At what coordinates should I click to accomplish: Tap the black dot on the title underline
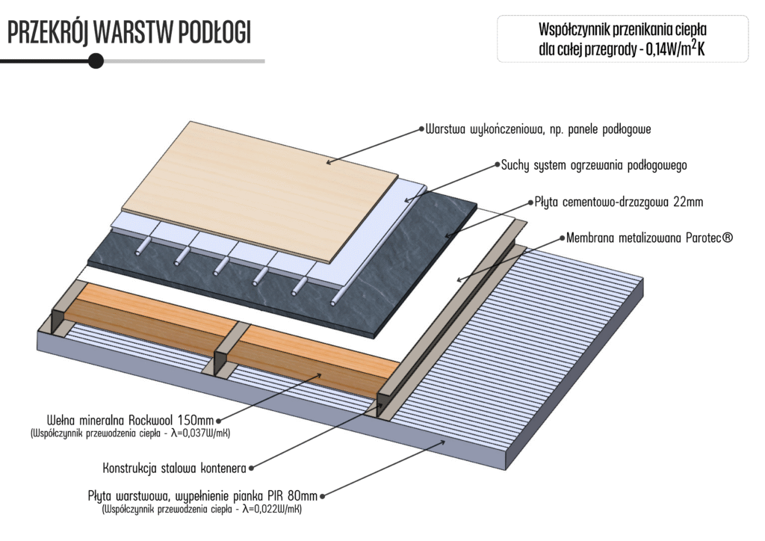[96, 61]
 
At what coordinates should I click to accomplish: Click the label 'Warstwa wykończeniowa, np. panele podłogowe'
[539, 129]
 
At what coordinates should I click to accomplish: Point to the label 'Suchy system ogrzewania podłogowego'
[594, 164]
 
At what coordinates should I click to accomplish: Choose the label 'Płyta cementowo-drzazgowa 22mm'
[619, 202]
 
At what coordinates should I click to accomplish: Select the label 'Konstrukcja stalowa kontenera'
[174, 469]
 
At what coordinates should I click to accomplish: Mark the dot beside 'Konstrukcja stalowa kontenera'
[252, 469]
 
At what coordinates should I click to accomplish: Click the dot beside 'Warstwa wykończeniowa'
[421, 129]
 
